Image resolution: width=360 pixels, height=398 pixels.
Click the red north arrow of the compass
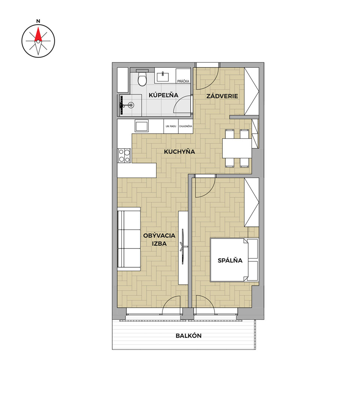pyautogui.click(x=38, y=35)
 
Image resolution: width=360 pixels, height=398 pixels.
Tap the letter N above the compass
pyautogui.click(x=38, y=21)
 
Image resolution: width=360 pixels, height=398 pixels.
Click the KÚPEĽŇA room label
pyautogui.click(x=163, y=95)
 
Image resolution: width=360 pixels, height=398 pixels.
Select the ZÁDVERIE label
pyautogui.click(x=222, y=96)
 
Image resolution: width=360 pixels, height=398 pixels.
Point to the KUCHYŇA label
pyautogui.click(x=180, y=152)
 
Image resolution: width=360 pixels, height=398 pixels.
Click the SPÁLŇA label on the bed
pyautogui.click(x=230, y=260)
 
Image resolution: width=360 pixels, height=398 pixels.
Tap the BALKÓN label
pyautogui.click(x=189, y=336)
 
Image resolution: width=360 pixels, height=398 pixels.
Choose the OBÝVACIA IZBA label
pyautogui.click(x=159, y=239)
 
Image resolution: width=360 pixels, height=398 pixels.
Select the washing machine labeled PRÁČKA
pyautogui.click(x=183, y=75)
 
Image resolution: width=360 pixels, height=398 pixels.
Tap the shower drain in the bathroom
pyautogui.click(x=131, y=104)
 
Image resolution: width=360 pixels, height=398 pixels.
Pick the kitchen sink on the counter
pyautogui.click(x=141, y=126)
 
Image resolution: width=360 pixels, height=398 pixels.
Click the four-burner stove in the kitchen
pyautogui.click(x=124, y=155)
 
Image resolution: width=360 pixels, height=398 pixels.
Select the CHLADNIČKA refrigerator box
pyautogui.click(x=186, y=126)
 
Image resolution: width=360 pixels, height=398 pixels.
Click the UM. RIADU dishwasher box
pyautogui.click(x=171, y=126)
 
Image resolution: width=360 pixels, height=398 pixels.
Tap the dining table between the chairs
pyautogui.click(x=237, y=148)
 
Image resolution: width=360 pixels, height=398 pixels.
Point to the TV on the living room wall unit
pyautogui.click(x=183, y=246)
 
